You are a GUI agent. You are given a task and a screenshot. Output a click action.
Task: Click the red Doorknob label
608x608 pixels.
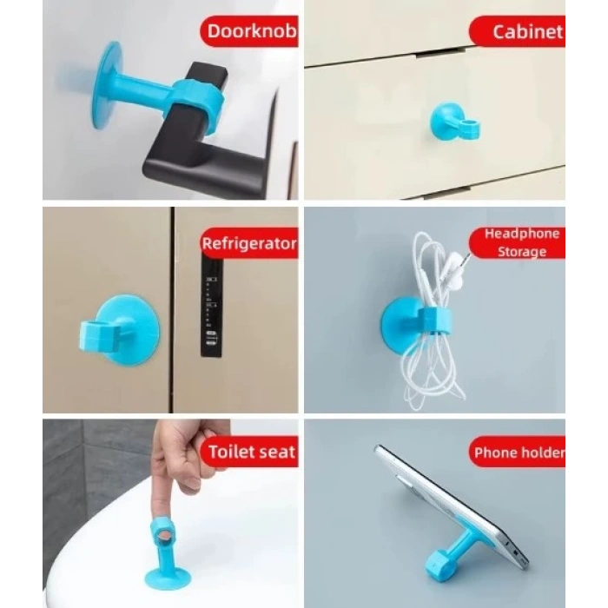(x=252, y=33)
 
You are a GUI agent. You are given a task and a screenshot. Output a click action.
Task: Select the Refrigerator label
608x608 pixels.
(x=249, y=243)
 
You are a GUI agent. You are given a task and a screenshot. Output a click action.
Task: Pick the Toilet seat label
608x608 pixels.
(x=251, y=452)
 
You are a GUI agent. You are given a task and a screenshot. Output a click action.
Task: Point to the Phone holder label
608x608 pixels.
(x=519, y=452)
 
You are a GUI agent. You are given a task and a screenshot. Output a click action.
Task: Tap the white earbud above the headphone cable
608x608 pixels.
(x=453, y=261)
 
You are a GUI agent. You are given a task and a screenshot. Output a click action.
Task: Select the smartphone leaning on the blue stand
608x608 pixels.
(x=456, y=504)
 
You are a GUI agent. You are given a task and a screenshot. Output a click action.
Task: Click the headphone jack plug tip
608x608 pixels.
(x=469, y=254)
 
